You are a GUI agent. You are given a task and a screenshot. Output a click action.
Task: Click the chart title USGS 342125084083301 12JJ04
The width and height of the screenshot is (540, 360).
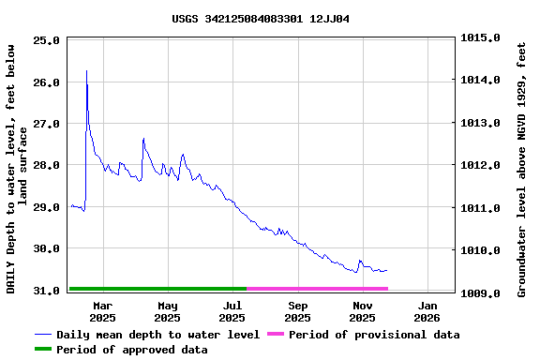(x=261, y=19)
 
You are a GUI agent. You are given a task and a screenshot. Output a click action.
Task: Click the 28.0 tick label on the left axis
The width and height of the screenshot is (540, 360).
(x=47, y=165)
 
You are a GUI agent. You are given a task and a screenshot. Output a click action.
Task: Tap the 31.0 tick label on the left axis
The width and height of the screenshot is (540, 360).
(x=47, y=292)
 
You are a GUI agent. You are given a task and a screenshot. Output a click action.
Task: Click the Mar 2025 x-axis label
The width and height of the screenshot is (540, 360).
(x=102, y=311)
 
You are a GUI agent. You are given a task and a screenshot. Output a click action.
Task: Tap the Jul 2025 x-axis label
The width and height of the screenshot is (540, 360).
(x=232, y=311)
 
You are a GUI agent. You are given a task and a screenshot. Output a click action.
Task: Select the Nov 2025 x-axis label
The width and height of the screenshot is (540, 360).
(x=363, y=311)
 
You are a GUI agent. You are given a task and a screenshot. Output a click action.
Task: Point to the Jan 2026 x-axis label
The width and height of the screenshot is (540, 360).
(x=427, y=311)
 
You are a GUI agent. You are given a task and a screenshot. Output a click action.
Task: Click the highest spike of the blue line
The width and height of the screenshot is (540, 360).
(x=86, y=71)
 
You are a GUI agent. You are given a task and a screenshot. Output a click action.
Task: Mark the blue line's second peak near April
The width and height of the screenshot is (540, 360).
(x=143, y=139)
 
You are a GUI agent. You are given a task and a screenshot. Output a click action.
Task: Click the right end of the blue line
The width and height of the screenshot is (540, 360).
(x=386, y=270)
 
